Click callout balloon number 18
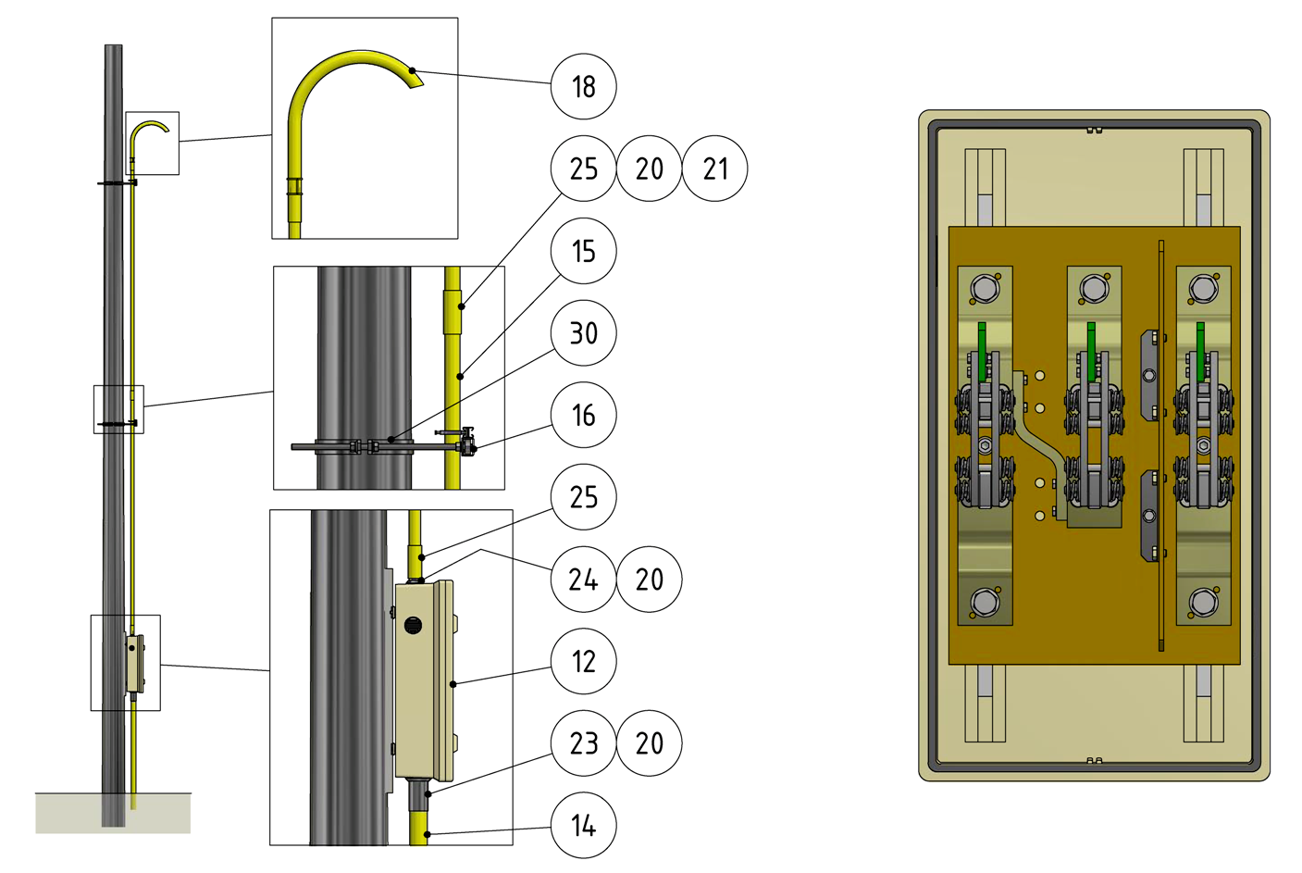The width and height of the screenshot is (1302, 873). pos(583,86)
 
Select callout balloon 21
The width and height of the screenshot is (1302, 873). pos(714,168)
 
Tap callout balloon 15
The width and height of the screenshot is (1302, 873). pos(583,251)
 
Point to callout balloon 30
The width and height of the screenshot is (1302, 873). pos(583,333)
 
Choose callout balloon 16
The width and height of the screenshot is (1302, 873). pos(583,415)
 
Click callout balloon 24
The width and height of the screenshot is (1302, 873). pos(583,580)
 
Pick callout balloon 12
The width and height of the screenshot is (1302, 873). pos(583,661)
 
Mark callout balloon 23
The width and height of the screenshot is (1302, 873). pos(583,742)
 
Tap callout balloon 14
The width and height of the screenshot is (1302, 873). pos(583,825)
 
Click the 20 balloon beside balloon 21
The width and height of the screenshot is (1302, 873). pos(649,168)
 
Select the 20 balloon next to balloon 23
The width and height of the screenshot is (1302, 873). pos(649,742)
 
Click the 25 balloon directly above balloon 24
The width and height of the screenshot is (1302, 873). pos(583,497)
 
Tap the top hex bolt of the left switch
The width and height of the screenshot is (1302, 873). pos(985,289)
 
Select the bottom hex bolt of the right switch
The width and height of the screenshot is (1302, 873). pos(1203,603)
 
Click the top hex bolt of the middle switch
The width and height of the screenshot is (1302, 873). pos(1094,289)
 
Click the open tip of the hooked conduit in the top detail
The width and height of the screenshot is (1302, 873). pos(415,79)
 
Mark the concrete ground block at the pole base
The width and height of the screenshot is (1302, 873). pos(113,813)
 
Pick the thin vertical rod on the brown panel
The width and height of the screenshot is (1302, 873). pos(1161,444)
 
